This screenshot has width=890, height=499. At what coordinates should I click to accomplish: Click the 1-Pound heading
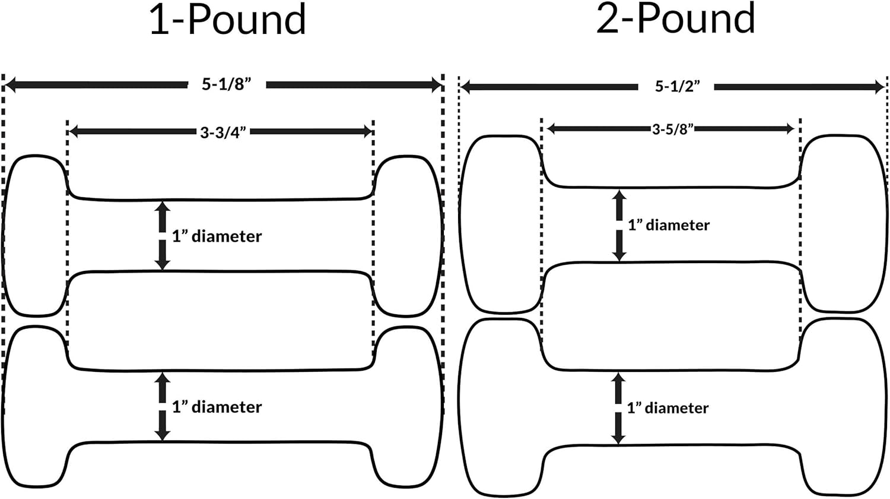pyautogui.click(x=228, y=20)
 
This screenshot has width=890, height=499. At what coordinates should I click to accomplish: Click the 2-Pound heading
pyautogui.click(x=675, y=19)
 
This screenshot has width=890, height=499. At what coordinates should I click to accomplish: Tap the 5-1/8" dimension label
pyautogui.click(x=227, y=85)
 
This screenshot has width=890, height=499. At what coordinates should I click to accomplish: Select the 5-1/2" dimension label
pyautogui.click(x=677, y=87)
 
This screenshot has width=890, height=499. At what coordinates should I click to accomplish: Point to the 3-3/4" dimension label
pyautogui.click(x=223, y=132)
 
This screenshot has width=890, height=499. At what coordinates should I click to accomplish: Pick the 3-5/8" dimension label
pyautogui.click(x=673, y=130)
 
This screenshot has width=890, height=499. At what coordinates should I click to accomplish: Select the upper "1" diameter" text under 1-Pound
pyautogui.click(x=217, y=236)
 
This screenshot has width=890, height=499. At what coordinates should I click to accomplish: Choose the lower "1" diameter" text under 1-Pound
pyautogui.click(x=217, y=407)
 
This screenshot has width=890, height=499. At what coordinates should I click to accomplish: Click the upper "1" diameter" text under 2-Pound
pyautogui.click(x=669, y=225)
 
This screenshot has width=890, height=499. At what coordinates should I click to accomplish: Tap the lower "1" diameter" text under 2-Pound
pyautogui.click(x=667, y=408)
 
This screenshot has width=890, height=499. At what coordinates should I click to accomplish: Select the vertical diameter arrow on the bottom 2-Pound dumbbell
pyautogui.click(x=618, y=408)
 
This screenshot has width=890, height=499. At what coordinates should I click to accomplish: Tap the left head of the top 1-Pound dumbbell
pyautogui.click(x=34, y=236)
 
